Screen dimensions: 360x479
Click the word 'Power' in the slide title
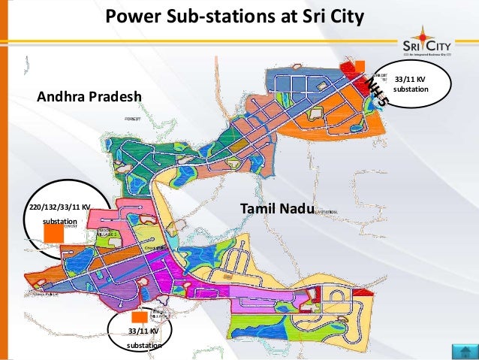click(127, 16)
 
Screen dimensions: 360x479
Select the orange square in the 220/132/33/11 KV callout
click(53, 233)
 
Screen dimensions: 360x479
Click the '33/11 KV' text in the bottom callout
click(143, 331)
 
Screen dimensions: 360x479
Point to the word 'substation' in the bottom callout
click(143, 346)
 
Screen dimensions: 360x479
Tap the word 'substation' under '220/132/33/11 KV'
click(59, 222)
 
